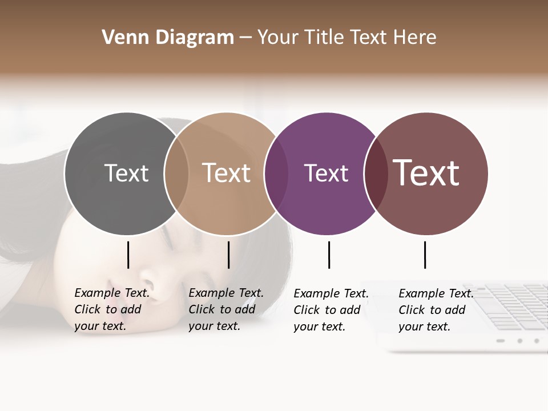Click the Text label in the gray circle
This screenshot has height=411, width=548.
tap(126, 173)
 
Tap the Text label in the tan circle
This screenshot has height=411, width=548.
tap(227, 173)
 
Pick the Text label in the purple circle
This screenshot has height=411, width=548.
tap(326, 173)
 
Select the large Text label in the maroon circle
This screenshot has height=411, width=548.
tap(426, 173)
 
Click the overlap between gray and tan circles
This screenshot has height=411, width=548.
tap(176, 174)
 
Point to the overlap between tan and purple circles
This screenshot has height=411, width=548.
tap(276, 174)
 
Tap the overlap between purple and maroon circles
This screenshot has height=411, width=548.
tap(376, 174)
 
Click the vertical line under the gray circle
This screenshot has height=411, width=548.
tap(128, 255)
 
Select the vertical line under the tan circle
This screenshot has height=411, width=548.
tap(228, 255)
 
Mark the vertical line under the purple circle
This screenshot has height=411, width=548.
tap(329, 255)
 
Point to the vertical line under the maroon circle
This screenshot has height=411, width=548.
tap(425, 255)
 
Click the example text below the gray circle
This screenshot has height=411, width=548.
tap(111, 309)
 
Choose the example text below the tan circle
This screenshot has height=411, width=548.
tap(225, 309)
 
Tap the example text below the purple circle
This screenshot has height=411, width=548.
tap(331, 310)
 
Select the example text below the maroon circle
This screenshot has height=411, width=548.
tap(436, 310)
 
